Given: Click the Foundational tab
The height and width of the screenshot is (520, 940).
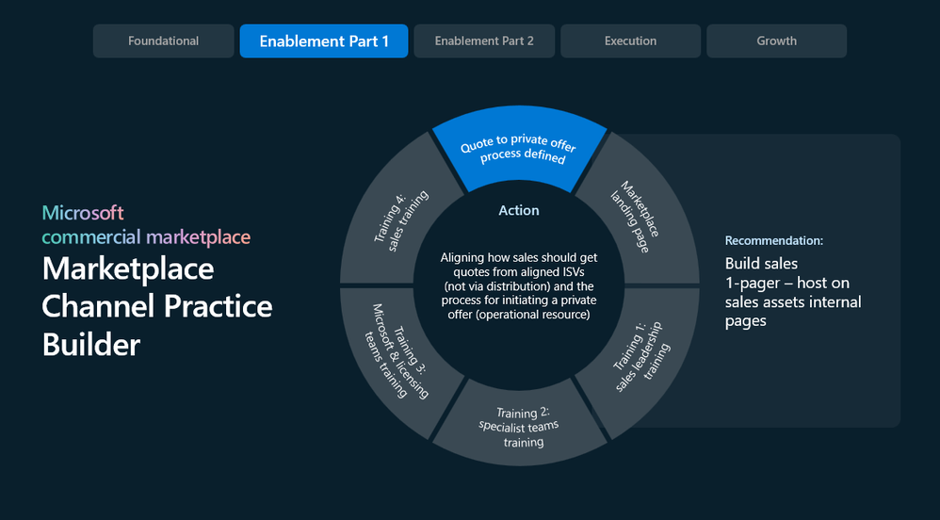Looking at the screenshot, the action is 163,41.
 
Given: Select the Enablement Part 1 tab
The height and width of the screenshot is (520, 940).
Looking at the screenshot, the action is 324,41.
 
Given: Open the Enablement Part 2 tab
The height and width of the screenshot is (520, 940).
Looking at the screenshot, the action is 484,41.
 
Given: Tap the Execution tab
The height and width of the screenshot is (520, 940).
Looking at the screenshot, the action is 630,41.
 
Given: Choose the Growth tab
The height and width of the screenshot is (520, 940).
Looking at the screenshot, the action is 776,41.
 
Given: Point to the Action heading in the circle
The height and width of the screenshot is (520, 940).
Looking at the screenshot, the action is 519,210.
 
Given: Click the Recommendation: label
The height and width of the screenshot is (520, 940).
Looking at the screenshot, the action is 774,240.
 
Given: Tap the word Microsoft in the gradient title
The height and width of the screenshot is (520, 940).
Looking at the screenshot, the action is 83,212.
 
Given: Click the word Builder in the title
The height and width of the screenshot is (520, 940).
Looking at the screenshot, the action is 91,345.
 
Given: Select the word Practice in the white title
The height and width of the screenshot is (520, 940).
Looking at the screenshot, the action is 219,306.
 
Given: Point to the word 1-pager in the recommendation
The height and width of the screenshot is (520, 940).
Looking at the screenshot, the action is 753,284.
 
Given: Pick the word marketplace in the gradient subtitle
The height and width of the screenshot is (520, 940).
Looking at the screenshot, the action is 199,236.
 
